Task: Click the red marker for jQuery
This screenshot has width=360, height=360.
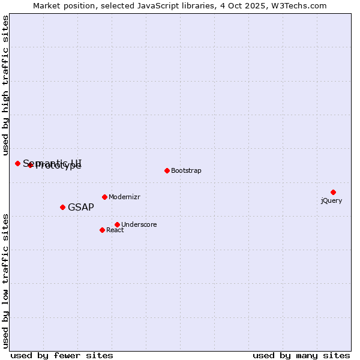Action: click(x=333, y=192)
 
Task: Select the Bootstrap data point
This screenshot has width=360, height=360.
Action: click(x=167, y=170)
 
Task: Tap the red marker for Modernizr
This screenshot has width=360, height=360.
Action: click(x=104, y=197)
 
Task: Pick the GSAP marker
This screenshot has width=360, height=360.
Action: click(x=62, y=207)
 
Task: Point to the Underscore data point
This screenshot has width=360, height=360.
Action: click(x=117, y=224)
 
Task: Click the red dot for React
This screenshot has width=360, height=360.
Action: click(x=102, y=230)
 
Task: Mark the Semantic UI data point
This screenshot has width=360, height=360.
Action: click(x=17, y=163)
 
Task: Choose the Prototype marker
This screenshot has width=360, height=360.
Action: click(x=30, y=165)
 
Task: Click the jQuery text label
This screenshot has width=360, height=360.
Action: click(x=331, y=200)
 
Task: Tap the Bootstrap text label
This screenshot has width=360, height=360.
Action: click(x=186, y=171)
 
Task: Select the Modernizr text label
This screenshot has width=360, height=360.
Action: click(x=124, y=197)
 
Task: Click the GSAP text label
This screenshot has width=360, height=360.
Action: click(x=81, y=208)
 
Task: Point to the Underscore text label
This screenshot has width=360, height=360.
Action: click(x=139, y=225)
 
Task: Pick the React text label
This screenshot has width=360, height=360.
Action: click(x=115, y=230)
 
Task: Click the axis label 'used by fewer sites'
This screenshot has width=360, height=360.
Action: click(x=62, y=356)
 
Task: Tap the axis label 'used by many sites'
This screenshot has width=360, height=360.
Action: click(x=301, y=356)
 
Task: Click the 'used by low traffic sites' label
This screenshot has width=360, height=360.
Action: click(x=5, y=280)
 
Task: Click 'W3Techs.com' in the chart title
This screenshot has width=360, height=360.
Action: click(x=298, y=6)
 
